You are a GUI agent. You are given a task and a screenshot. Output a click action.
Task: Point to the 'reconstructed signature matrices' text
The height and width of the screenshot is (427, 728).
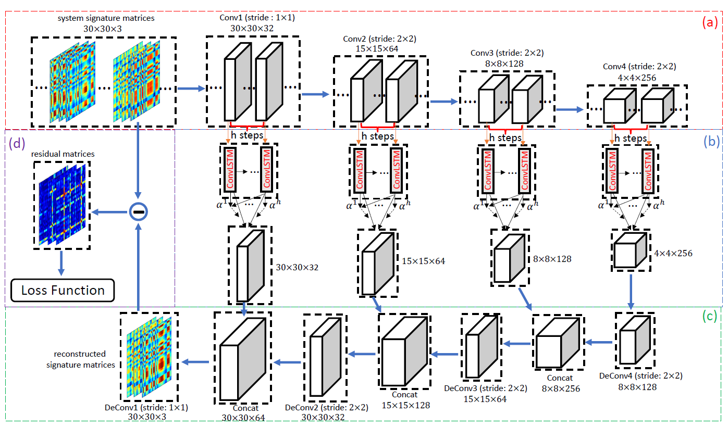[x=81, y=359]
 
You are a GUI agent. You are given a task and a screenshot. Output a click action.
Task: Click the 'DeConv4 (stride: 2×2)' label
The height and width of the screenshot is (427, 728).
[x=640, y=375]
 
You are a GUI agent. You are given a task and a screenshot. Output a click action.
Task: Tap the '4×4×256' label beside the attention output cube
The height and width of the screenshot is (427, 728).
[x=672, y=254]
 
